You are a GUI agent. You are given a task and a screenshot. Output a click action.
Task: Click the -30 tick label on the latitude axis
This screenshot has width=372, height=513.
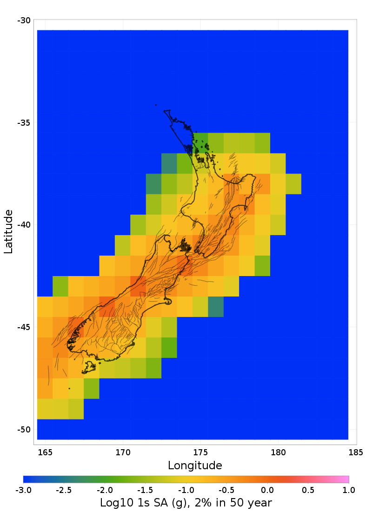coord(24,20)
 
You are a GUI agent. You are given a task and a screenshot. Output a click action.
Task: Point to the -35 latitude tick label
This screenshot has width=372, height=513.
coord(24,123)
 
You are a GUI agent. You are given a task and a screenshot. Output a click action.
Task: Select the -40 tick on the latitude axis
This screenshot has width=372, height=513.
coord(24,225)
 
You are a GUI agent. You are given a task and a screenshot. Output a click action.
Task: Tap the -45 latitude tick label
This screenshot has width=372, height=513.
coord(24,327)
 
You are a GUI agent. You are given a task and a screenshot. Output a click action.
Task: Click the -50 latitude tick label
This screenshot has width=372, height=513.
coord(24,430)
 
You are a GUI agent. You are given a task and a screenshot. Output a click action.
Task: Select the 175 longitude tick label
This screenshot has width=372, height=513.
coord(200,452)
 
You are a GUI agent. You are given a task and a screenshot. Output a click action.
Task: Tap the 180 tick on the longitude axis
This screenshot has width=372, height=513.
coord(278,452)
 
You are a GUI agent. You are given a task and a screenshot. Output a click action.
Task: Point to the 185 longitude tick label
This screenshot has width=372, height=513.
coord(356,452)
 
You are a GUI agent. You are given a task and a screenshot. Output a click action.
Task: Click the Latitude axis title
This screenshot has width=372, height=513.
coord(8,231)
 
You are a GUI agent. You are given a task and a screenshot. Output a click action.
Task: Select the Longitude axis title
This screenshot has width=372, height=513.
coord(195,466)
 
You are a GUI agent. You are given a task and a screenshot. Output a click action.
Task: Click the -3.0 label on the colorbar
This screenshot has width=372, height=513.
coord(23,490)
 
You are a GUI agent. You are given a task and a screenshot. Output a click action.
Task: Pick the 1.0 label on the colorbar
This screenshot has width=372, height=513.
coord(349,490)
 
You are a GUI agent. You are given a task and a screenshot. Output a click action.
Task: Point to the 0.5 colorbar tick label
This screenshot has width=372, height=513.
coord(308,490)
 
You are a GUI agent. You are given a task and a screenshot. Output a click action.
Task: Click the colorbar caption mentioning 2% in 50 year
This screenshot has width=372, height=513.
coord(186,503)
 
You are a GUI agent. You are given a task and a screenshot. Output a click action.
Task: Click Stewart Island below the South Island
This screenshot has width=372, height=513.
coord(88,368)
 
